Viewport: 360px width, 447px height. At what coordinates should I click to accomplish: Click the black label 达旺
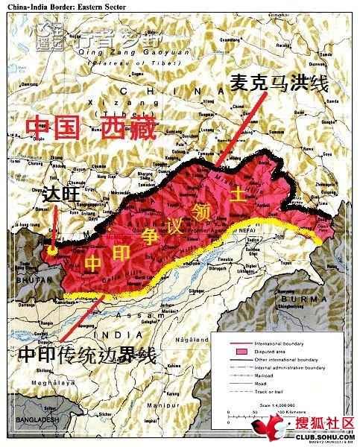coord(61,194)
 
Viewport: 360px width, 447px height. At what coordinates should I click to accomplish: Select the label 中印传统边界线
coord(88,356)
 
